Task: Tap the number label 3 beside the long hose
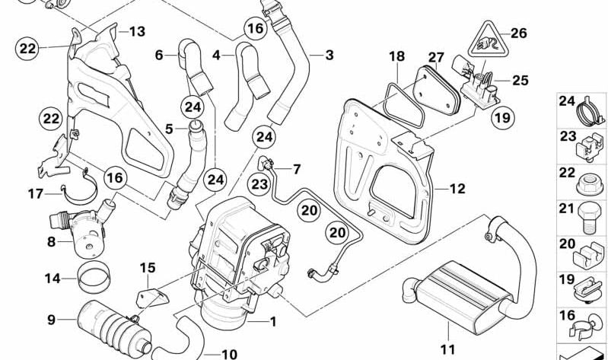tap(329, 55)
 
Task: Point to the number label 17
tap(36, 193)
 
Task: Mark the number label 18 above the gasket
tap(397, 56)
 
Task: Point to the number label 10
tap(229, 354)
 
